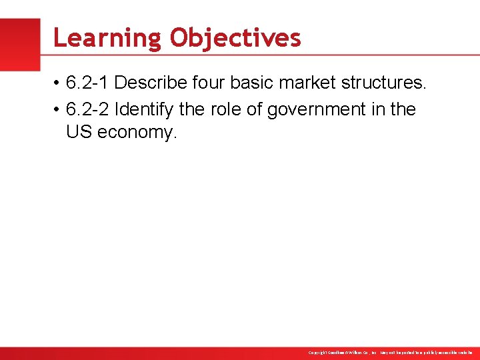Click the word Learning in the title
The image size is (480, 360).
107,39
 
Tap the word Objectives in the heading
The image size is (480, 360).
235,38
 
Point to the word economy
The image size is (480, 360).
137,133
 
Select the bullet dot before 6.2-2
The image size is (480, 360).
58,110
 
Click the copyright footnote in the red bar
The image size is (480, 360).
390,352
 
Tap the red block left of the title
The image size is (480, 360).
20,44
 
